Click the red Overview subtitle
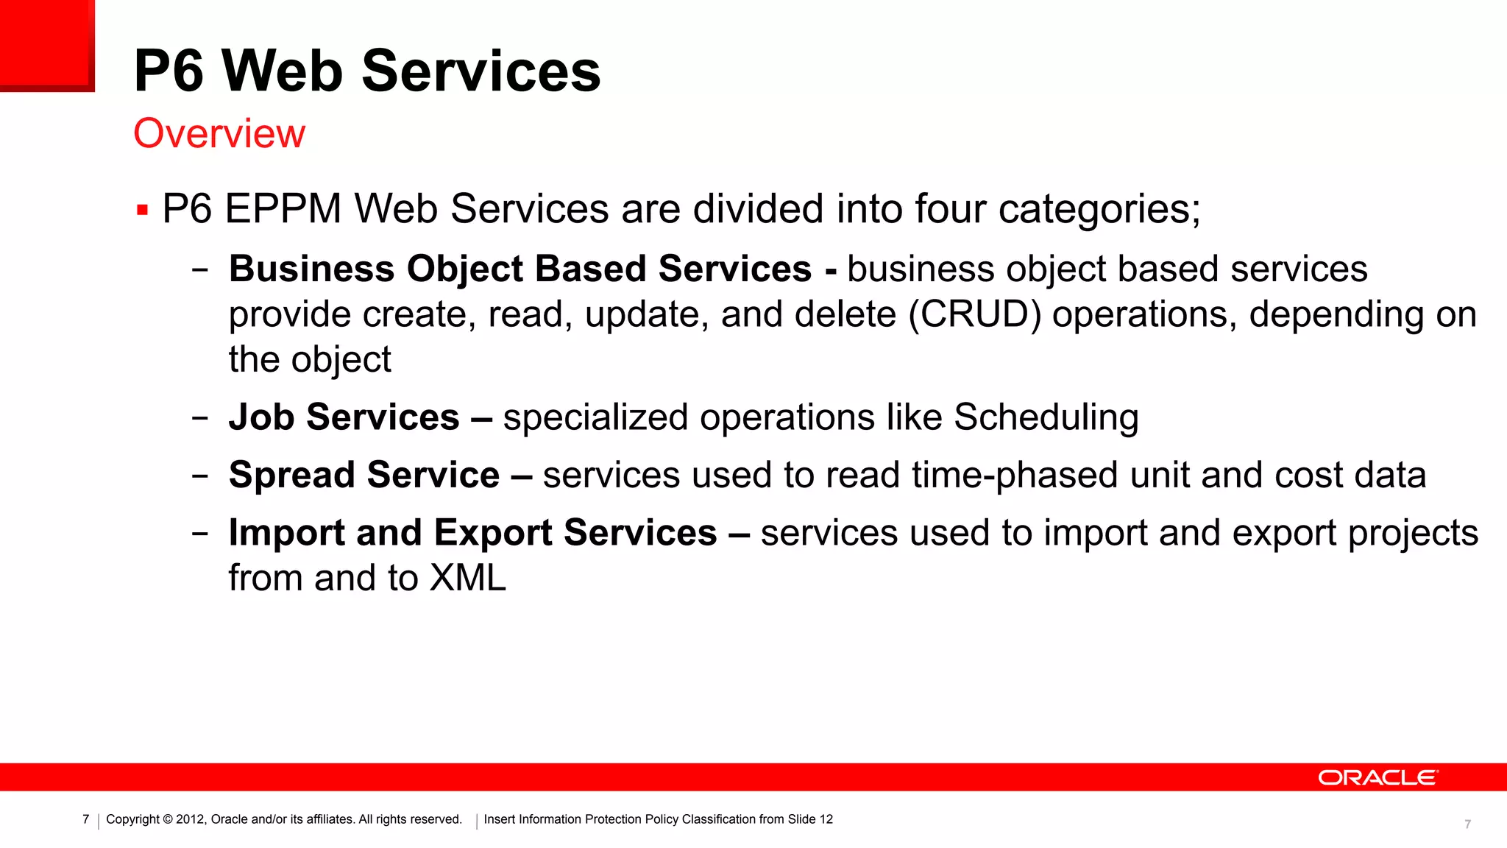(219, 134)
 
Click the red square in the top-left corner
(46, 44)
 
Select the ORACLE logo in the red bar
(1377, 778)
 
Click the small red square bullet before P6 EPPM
(143, 211)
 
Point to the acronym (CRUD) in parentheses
(975, 314)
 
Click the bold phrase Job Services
(344, 417)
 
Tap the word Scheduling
(1046, 417)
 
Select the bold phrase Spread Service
(364, 475)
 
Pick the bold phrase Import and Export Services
(472, 532)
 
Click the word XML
(468, 578)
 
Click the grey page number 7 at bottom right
(1467, 824)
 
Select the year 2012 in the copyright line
(190, 819)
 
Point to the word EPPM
(283, 209)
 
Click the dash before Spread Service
(199, 476)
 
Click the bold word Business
(311, 269)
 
